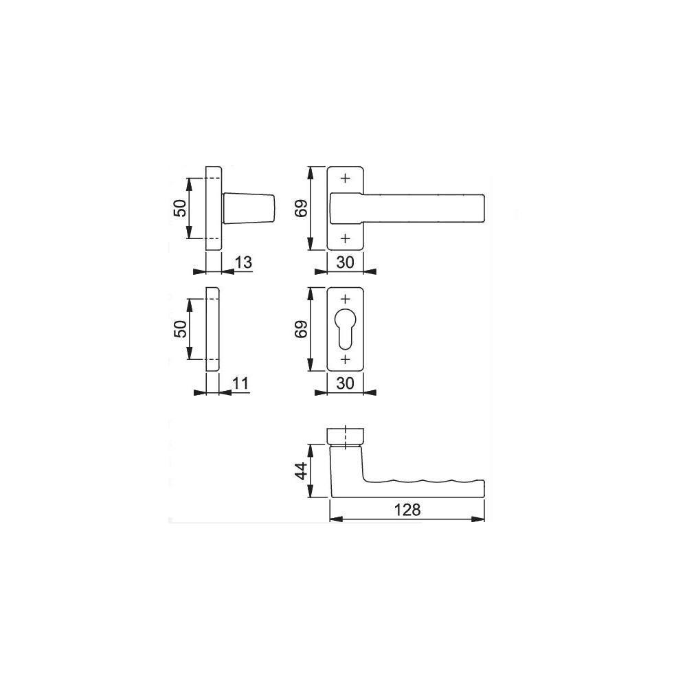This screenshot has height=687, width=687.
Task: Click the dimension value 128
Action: (x=407, y=510)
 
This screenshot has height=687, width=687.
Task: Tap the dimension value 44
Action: (x=302, y=471)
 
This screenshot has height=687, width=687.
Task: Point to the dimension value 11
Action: (x=240, y=383)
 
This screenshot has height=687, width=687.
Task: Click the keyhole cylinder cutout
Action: (x=346, y=328)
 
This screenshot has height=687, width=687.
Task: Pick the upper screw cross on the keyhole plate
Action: (x=346, y=299)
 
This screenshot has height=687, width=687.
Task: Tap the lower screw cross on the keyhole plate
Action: (x=346, y=359)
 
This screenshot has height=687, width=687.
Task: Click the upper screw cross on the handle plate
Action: (x=346, y=178)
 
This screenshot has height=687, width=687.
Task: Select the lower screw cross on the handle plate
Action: (x=346, y=238)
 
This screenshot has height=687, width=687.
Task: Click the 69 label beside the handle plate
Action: (x=302, y=208)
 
